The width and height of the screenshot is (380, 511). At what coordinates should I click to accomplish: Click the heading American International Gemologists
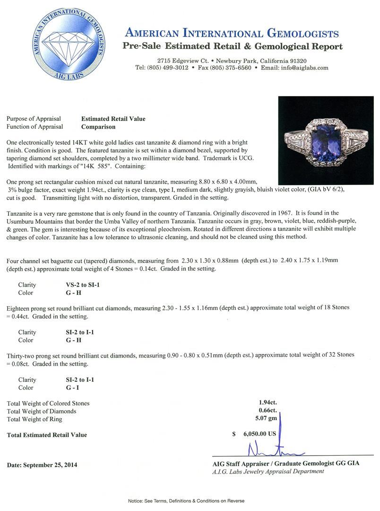(x=232, y=33)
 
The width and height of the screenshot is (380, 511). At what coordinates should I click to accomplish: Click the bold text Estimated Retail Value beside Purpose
(x=113, y=119)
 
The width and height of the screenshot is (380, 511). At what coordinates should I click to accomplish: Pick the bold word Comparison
(x=98, y=127)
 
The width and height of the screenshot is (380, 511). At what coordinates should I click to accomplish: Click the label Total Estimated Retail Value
(x=47, y=434)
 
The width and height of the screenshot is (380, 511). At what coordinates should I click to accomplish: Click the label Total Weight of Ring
(x=35, y=419)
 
